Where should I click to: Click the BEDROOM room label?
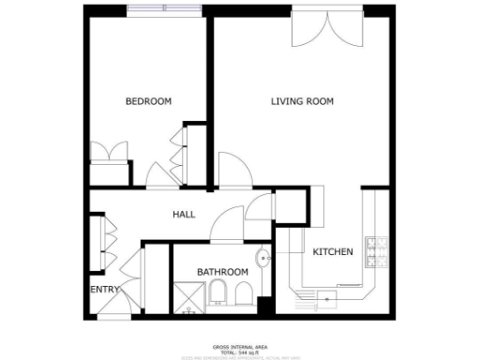point(148,101)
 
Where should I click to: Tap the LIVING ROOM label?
point(303,101)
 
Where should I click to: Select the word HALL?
point(184,215)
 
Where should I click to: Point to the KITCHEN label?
point(332,252)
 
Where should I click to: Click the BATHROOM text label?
point(222,272)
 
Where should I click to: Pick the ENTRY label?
point(104,291)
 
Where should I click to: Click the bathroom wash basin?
point(262,259)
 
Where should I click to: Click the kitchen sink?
point(328,297)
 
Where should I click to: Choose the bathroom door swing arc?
point(225,225)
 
